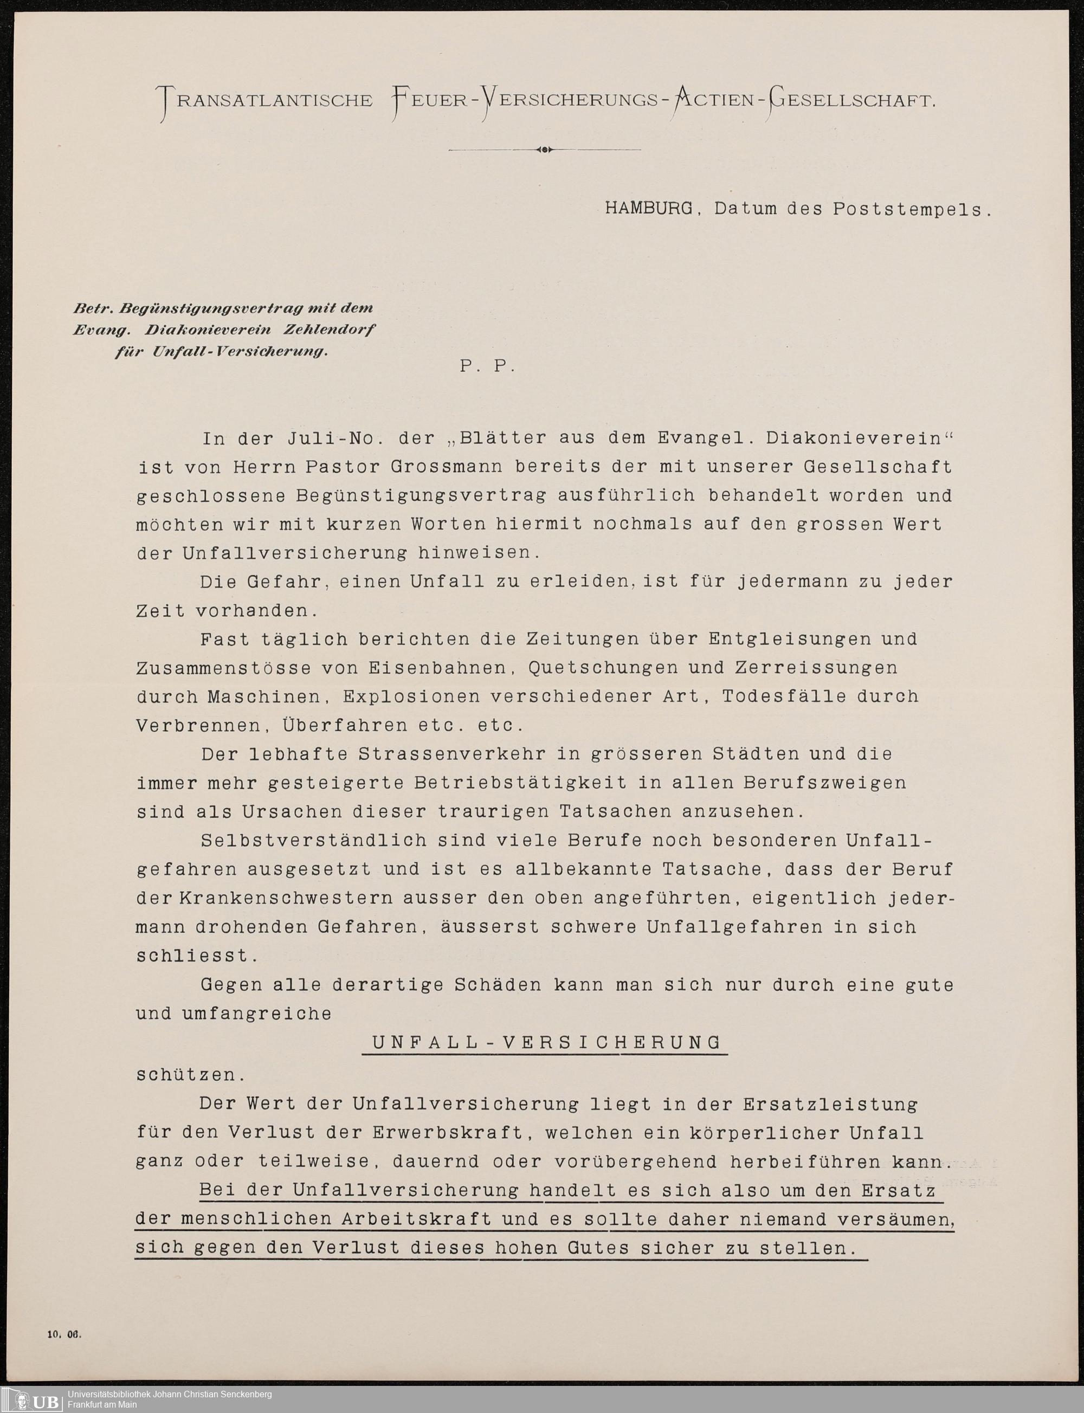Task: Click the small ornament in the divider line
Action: point(545,150)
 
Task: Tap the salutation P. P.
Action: point(487,366)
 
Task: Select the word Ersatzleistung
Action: point(829,1104)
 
